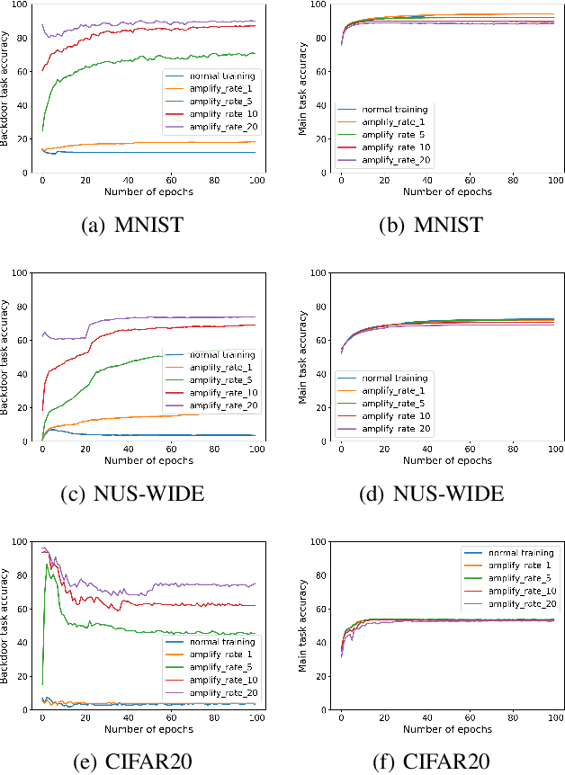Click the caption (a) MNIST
click(x=132, y=225)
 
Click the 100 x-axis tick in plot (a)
click(x=256, y=180)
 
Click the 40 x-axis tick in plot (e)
click(x=127, y=717)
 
